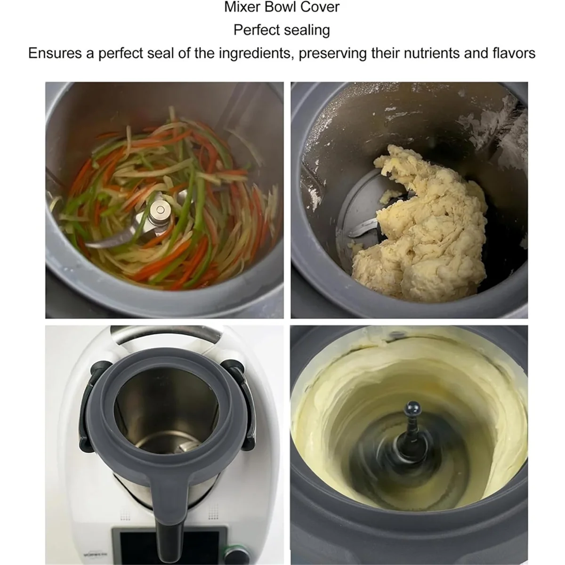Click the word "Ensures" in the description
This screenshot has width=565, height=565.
[x=55, y=53]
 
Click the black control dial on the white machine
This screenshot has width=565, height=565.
[x=233, y=549]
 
